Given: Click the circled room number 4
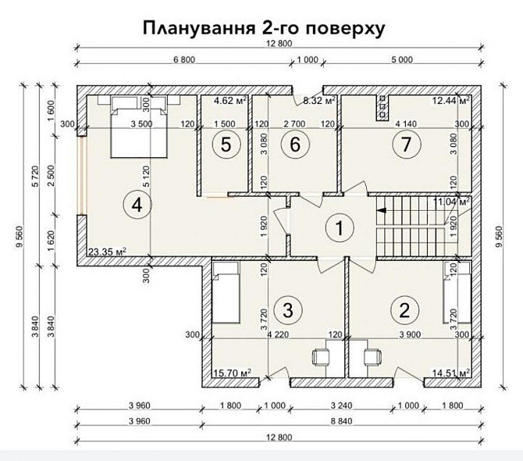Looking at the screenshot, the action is [137, 204].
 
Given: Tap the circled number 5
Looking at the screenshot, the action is [226, 145].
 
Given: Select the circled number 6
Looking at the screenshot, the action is [295, 145].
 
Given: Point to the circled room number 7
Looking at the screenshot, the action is [406, 145].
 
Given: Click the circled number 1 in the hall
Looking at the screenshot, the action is [340, 228].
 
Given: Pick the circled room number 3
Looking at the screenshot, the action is [288, 310].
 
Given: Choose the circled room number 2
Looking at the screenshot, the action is [404, 310].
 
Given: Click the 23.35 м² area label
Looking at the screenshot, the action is [107, 251].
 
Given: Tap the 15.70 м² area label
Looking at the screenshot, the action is [232, 372].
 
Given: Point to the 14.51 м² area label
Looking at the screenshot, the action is [451, 372].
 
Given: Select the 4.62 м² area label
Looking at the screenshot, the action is [230, 100].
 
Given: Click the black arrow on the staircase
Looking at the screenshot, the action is [381, 210].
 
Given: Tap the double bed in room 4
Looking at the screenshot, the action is [139, 127].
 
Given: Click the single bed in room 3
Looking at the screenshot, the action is [226, 292].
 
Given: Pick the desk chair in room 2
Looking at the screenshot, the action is [372, 357].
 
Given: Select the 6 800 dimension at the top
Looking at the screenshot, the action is [184, 59].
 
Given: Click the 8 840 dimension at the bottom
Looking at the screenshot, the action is [341, 421].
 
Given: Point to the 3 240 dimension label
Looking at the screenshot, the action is [341, 406].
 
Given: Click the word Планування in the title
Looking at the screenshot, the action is [197, 28].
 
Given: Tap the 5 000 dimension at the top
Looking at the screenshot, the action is [401, 59].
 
